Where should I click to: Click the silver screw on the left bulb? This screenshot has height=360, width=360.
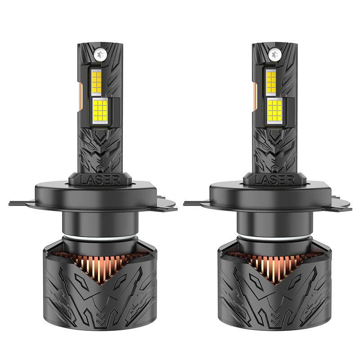coord(100,54)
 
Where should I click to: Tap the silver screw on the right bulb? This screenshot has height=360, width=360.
coord(274,54)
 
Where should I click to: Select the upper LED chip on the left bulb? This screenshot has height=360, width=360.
coord(97,82)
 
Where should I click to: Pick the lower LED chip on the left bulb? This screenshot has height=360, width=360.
coord(100,111)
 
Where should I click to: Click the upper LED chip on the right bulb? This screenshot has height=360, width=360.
coord(271,82)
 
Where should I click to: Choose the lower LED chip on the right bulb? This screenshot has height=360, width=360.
coord(275,111)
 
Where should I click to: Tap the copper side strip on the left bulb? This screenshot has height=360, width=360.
coord(81,96)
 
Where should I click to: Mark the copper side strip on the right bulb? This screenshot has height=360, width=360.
coord(255,96)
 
